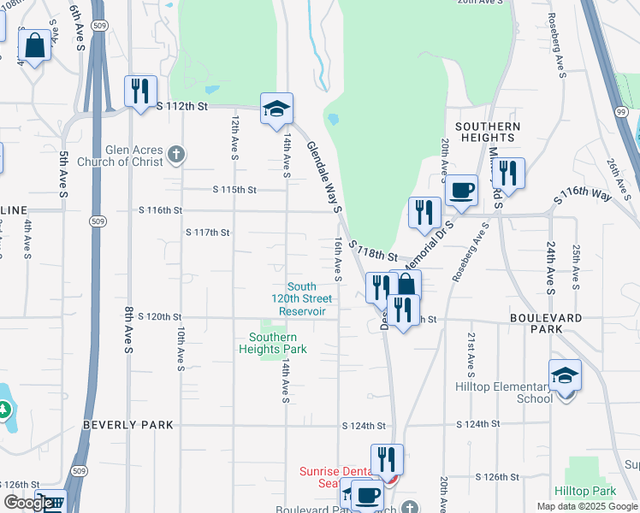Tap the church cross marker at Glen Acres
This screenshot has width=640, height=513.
coord(176,155)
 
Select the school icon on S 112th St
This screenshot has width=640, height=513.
coord(276,109)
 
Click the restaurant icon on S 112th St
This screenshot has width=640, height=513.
coord(139,91)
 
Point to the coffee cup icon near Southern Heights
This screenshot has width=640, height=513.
coord(462,190)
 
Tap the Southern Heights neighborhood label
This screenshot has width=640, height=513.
coord(488,132)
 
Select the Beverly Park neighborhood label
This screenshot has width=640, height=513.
coord(128,425)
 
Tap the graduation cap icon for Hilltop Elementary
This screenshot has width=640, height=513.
coord(565,375)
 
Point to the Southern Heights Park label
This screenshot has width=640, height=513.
coord(272,343)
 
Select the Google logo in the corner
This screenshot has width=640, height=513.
coord(28,503)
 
